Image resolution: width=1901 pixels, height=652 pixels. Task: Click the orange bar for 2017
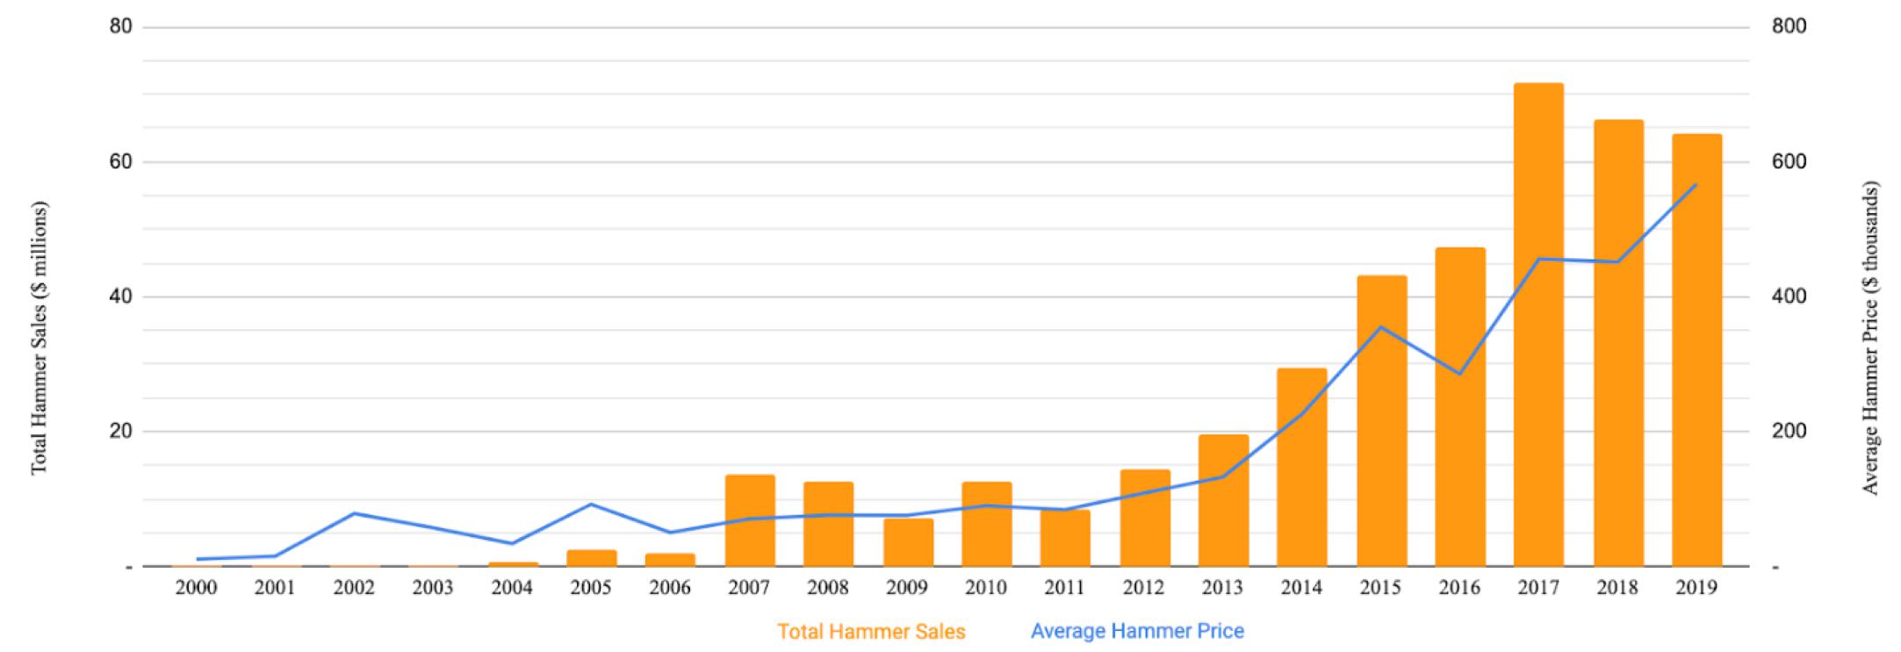1538,325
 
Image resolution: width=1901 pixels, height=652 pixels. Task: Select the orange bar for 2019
1696,350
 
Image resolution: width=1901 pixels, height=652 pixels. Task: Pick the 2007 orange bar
750,520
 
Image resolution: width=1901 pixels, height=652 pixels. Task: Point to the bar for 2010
986,524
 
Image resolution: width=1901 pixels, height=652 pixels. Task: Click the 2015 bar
1381,421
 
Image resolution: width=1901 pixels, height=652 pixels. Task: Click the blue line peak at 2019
1696,184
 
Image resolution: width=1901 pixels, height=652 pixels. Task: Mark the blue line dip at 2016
1459,374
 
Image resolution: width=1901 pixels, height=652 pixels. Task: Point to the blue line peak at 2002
354,512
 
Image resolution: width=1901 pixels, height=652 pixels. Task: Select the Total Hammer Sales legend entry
871,632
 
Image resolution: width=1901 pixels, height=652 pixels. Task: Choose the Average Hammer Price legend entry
1137,631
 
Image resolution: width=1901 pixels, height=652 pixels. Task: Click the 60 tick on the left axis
120,162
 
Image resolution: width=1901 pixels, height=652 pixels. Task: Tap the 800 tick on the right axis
1789,27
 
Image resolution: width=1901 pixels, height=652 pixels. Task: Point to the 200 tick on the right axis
1789,432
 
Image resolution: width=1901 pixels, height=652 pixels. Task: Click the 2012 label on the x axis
1143,588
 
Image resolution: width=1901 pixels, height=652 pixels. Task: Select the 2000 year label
196,588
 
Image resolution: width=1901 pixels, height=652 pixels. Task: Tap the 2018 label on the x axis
1617,588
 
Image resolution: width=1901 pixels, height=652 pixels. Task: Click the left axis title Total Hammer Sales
40,338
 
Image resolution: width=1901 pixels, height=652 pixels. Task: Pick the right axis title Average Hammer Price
1870,338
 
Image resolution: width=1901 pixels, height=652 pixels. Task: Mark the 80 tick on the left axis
120,27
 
